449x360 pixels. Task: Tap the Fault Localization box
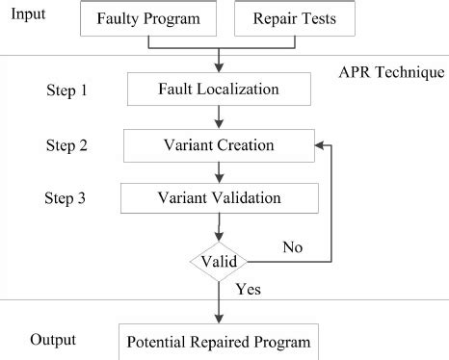(220, 90)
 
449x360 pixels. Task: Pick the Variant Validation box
(219, 198)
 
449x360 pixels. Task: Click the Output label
(57, 340)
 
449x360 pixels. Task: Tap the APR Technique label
(391, 71)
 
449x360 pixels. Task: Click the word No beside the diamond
(292, 246)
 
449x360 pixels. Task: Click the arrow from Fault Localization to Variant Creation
(220, 116)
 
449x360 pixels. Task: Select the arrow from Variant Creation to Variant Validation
(220, 172)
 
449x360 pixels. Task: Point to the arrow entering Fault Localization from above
(220, 61)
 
